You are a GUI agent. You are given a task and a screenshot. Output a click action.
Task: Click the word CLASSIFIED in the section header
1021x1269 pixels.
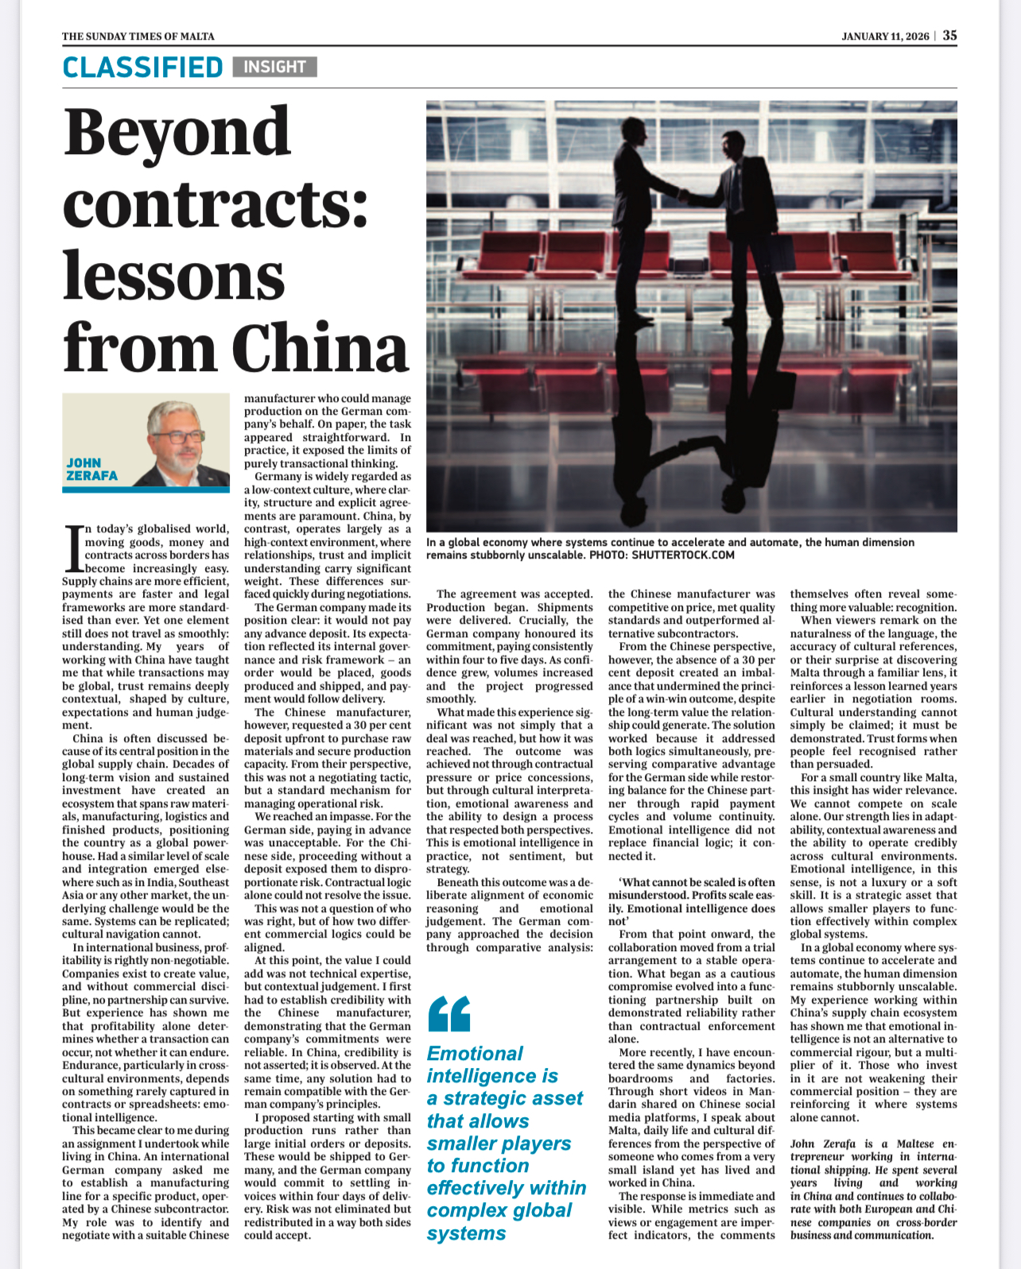pyautogui.click(x=142, y=68)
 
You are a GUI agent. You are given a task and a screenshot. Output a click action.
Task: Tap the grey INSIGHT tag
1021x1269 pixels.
pyautogui.click(x=274, y=67)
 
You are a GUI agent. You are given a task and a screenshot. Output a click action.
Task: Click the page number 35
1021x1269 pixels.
pyautogui.click(x=950, y=36)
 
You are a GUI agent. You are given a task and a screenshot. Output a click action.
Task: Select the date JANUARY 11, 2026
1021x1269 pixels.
pyautogui.click(x=885, y=37)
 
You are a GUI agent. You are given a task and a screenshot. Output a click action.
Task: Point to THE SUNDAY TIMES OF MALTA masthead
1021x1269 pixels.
pyautogui.click(x=138, y=37)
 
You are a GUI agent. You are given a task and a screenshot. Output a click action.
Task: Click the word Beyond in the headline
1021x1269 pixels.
pyautogui.click(x=177, y=133)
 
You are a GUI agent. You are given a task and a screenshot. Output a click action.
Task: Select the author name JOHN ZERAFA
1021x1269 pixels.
pyautogui.click(x=91, y=469)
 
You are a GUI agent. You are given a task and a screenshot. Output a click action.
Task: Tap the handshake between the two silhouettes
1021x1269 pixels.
pyautogui.click(x=682, y=195)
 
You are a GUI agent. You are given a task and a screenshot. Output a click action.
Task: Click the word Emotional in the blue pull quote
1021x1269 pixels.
pyautogui.click(x=475, y=1054)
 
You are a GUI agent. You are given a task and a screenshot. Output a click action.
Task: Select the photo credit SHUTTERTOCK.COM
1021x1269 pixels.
pyautogui.click(x=682, y=555)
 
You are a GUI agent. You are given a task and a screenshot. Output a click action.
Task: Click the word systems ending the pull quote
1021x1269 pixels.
pyautogui.click(x=466, y=1233)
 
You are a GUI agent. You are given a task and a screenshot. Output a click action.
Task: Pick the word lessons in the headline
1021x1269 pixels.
pyautogui.click(x=173, y=276)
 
